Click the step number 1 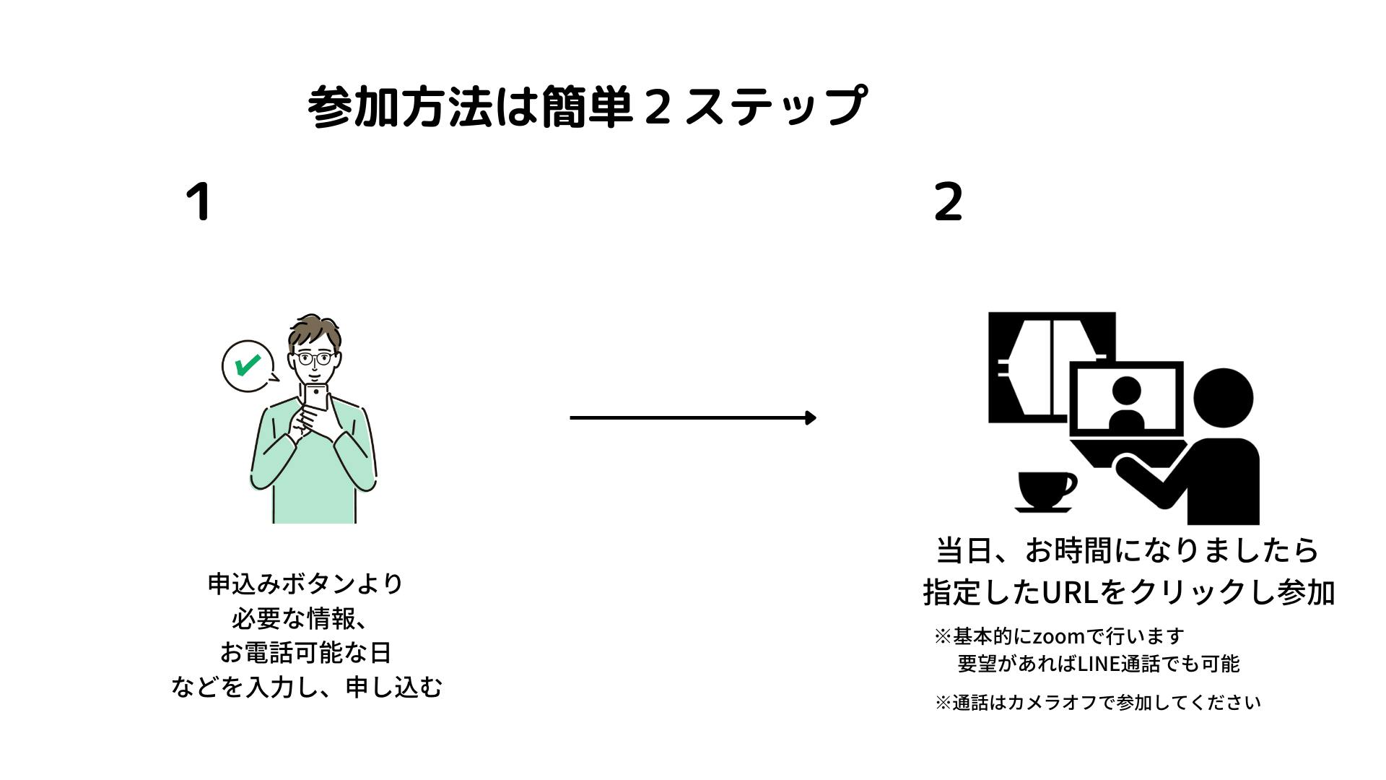tap(199, 201)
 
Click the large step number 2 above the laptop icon tap(948, 201)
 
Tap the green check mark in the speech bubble tap(247, 365)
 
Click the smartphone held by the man tap(316, 397)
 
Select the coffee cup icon tap(1045, 491)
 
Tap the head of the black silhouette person tap(1223, 399)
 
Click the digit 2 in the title tap(656, 107)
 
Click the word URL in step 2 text tap(1068, 592)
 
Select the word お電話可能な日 tap(305, 653)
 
